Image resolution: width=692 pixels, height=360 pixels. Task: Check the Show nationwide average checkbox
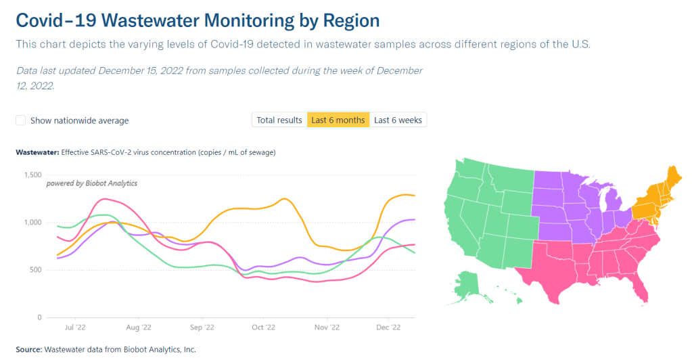(x=21, y=120)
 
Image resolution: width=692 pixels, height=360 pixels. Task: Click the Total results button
(x=279, y=120)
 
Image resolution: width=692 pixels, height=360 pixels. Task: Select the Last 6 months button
(x=338, y=120)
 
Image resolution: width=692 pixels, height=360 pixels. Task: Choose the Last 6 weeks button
(x=398, y=120)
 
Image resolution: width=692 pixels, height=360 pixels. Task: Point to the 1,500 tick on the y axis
(x=32, y=175)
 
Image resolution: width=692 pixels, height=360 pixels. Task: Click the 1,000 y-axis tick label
(x=32, y=223)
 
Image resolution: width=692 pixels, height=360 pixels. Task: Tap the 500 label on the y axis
(x=36, y=270)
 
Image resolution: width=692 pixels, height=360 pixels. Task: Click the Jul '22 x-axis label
(x=76, y=328)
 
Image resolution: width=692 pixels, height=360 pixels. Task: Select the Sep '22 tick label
(x=201, y=328)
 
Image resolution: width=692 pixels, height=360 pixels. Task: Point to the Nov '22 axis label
(x=326, y=328)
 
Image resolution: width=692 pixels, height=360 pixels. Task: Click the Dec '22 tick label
(x=388, y=328)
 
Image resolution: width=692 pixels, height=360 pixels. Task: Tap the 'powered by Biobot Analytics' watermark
(x=91, y=183)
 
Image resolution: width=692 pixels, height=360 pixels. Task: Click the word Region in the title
(x=350, y=20)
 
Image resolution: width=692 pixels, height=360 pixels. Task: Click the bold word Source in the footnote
(x=28, y=349)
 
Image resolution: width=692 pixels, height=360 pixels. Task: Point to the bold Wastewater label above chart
(x=37, y=152)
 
